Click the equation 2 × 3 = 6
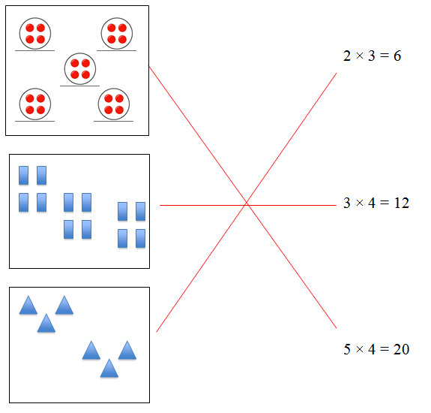pyautogui.click(x=372, y=56)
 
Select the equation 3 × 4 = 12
pyautogui.click(x=376, y=203)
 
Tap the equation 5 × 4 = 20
pyautogui.click(x=376, y=349)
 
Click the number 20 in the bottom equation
pyautogui.click(x=401, y=349)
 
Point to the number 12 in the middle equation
pyautogui.click(x=402, y=203)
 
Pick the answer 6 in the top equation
pyautogui.click(x=397, y=56)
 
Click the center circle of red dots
pyautogui.click(x=80, y=69)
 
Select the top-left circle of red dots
pyautogui.click(x=35, y=34)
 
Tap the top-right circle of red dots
pyautogui.click(x=117, y=34)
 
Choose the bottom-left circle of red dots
pyautogui.click(x=35, y=104)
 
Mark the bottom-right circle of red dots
pyautogui.click(x=114, y=104)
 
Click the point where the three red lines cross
pyautogui.click(x=247, y=204)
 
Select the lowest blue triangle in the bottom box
pyautogui.click(x=109, y=369)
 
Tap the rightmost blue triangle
pyautogui.click(x=127, y=351)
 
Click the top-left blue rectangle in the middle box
pyautogui.click(x=24, y=176)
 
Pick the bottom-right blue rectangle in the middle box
pyautogui.click(x=140, y=239)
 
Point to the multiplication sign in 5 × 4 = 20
pyautogui.click(x=359, y=349)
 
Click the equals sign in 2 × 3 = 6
pyautogui.click(x=385, y=56)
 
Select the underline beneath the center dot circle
pyautogui.click(x=79, y=86)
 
